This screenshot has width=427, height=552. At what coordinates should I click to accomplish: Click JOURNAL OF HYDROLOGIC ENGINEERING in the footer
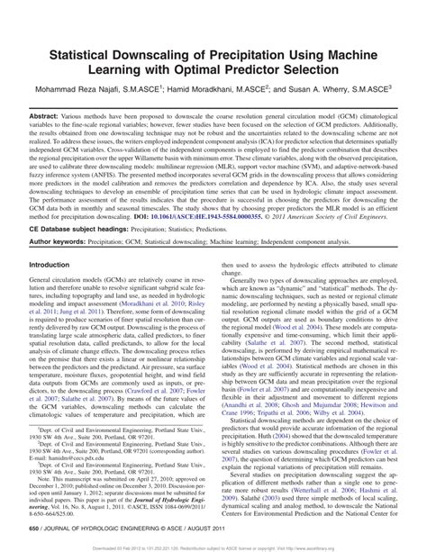click(x=95, y=529)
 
